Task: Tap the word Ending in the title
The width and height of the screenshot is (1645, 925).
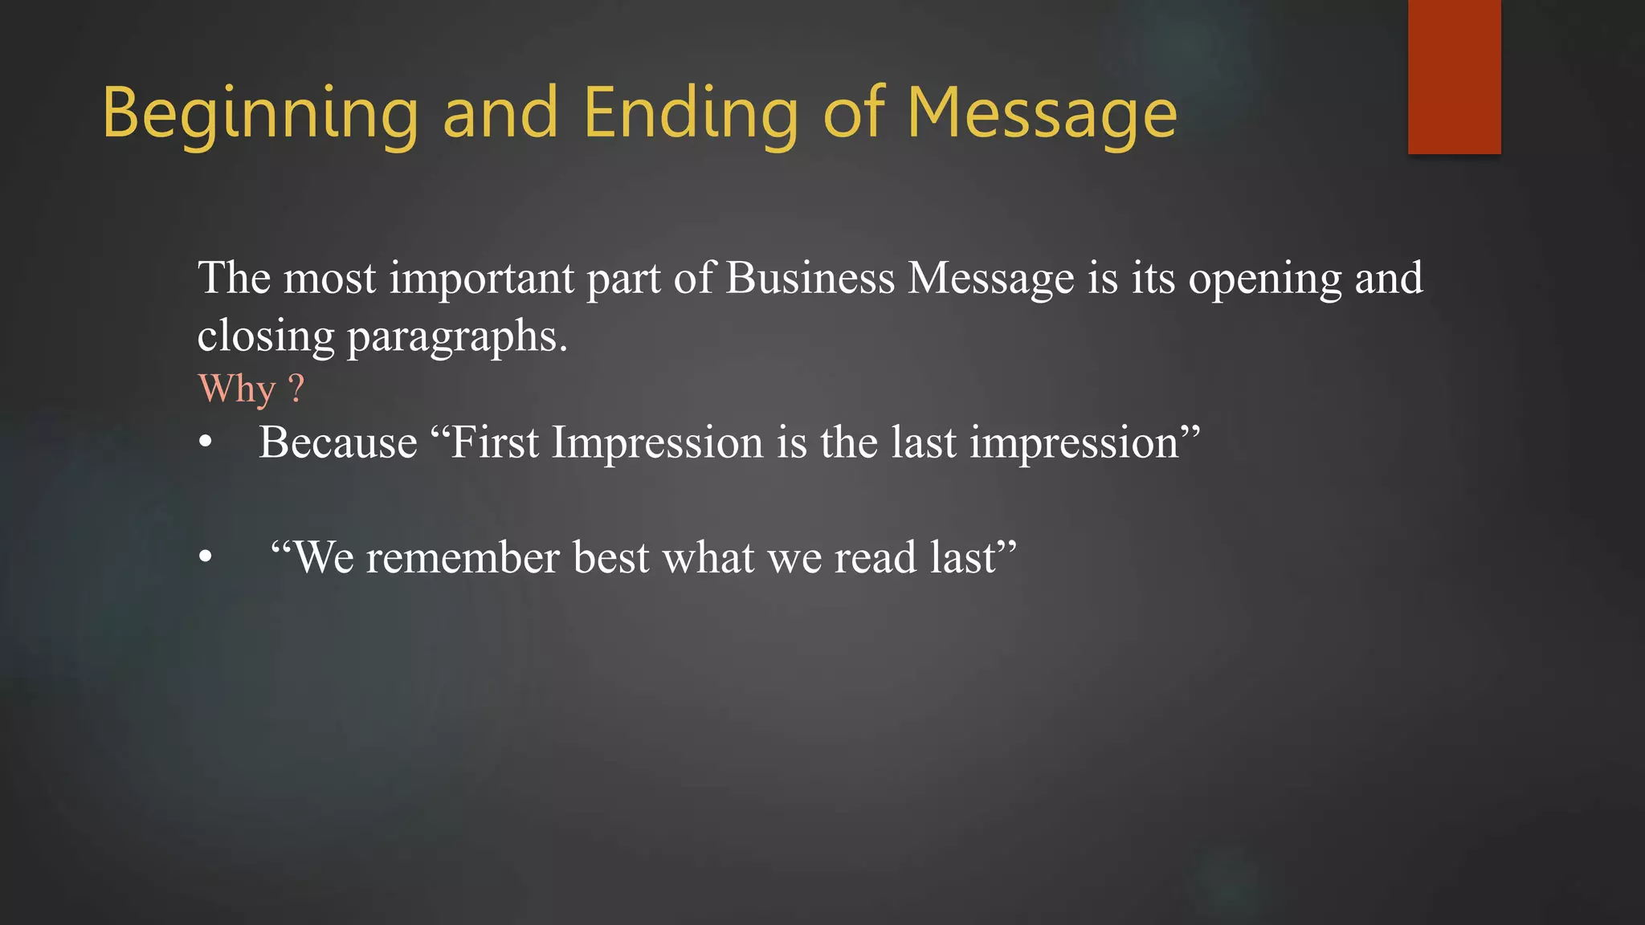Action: click(x=691, y=114)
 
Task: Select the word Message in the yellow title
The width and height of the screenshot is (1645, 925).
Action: click(x=1042, y=114)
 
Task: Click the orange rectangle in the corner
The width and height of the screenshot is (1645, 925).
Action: click(x=1454, y=76)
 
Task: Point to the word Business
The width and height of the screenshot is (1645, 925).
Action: click(x=810, y=278)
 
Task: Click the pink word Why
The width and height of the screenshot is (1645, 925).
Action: click(x=237, y=390)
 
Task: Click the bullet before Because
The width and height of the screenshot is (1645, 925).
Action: click(x=206, y=442)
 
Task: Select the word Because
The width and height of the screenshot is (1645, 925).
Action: click(x=338, y=442)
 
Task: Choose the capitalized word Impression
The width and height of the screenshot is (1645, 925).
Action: click(x=657, y=444)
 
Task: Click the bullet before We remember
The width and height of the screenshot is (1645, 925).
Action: click(x=206, y=556)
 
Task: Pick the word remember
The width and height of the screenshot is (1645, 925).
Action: click(x=463, y=557)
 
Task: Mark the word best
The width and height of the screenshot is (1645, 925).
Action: click(x=611, y=557)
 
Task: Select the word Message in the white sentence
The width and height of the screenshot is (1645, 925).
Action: click(x=991, y=279)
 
